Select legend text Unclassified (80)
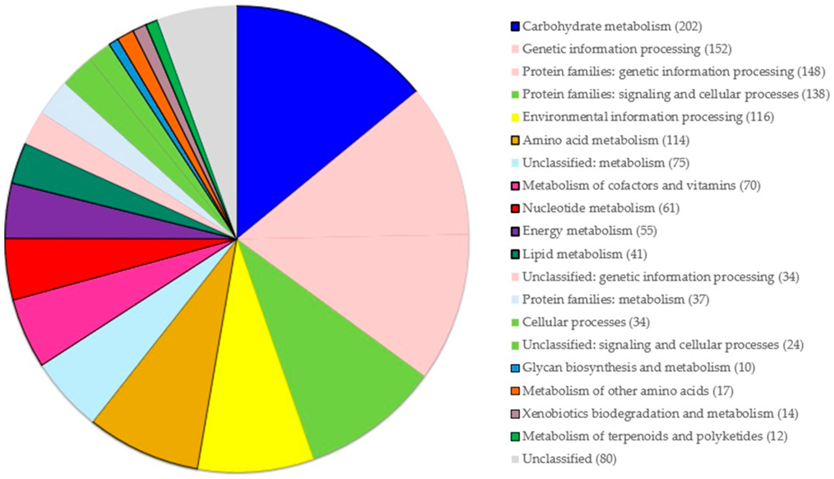point(569,459)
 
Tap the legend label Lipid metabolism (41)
point(584,254)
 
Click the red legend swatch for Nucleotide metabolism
point(515,208)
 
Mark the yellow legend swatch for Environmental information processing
point(515,117)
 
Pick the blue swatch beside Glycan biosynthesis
point(515,367)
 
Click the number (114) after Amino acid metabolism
point(676,140)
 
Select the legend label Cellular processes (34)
point(586,322)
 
